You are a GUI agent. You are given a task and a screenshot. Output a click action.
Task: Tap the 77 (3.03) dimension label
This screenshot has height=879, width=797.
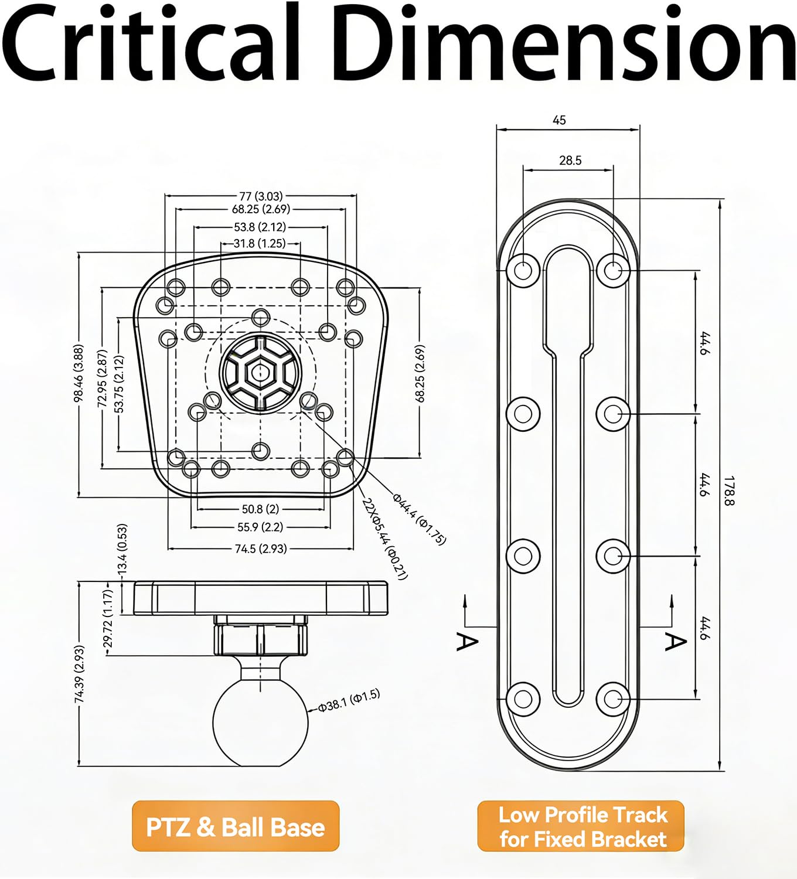tap(261, 196)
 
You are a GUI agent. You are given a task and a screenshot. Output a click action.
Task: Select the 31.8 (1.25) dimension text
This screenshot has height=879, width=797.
tap(260, 243)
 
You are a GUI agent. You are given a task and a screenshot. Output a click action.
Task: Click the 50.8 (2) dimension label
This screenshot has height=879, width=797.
tap(260, 509)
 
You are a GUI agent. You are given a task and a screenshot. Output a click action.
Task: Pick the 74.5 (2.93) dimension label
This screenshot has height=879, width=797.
tap(261, 548)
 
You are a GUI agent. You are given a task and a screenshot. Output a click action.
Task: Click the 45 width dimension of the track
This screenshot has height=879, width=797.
tap(560, 120)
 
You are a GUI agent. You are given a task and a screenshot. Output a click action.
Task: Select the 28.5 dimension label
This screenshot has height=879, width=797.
tap(570, 161)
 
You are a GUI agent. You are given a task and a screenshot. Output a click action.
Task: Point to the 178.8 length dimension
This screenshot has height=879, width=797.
tap(728, 490)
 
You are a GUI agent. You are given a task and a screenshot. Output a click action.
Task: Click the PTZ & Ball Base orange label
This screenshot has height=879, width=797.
tap(236, 826)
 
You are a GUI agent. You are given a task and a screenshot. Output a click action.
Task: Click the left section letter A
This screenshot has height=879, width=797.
tap(466, 642)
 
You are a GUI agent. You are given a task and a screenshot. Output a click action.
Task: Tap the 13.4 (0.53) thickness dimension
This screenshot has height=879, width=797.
tap(122, 549)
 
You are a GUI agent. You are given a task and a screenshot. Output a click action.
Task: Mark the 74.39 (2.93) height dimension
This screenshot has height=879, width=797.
tap(79, 674)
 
